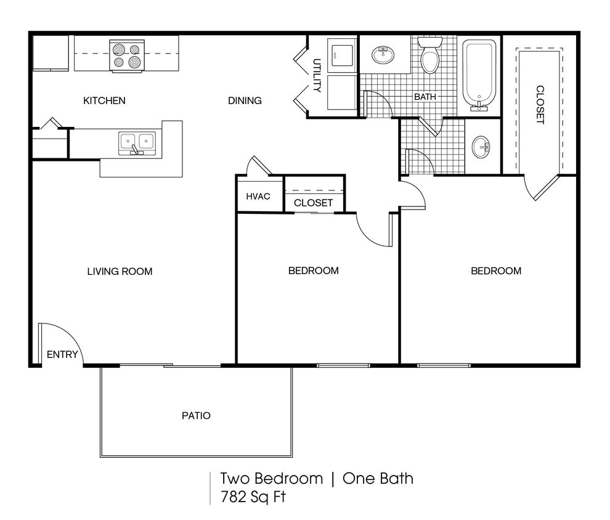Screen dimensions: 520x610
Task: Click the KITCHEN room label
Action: (x=104, y=100)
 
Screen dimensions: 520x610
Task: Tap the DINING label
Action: (x=245, y=100)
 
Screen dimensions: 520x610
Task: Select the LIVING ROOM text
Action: (x=120, y=271)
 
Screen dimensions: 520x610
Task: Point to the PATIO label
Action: (x=196, y=416)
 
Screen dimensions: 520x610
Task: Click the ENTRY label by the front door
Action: (x=62, y=354)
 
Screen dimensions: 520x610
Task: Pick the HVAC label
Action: (x=258, y=197)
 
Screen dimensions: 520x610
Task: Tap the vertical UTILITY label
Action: (x=317, y=75)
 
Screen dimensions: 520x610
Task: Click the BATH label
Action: (x=425, y=97)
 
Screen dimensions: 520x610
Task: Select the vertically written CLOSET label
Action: (x=540, y=105)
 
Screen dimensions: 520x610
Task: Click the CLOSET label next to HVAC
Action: (x=313, y=203)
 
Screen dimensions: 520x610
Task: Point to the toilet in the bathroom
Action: (x=429, y=55)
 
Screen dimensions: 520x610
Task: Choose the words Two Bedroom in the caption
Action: (x=271, y=479)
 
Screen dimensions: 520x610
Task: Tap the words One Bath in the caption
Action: (x=378, y=479)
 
